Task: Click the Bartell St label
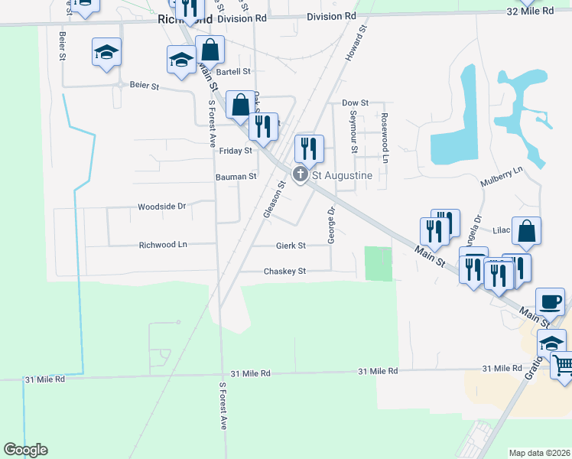coord(234,72)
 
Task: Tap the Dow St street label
coord(356,103)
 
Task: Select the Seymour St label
coord(354,125)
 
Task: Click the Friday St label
coord(236,151)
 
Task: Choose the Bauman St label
coord(236,177)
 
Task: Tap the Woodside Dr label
coord(162,207)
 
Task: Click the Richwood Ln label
coord(163,246)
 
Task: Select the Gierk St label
coord(291,246)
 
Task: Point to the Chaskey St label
coord(284,272)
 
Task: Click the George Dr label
coord(332,225)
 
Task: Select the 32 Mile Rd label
coord(531,11)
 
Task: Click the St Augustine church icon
coord(301,175)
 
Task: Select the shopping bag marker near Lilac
coord(527,232)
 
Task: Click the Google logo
coord(25,450)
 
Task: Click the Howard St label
coord(356,43)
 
